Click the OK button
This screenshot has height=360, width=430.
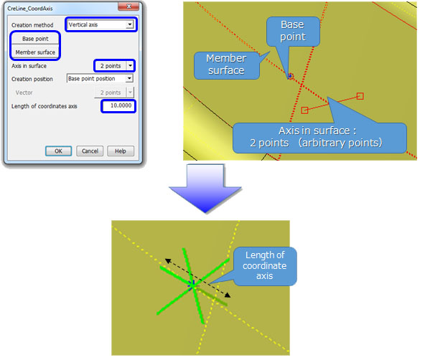click(x=58, y=151)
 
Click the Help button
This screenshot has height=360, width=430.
click(x=121, y=151)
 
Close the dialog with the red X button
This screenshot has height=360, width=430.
click(x=128, y=6)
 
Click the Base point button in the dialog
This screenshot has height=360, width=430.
click(x=35, y=39)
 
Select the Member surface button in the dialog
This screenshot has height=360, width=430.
click(x=35, y=52)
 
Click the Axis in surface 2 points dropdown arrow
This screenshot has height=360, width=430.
click(x=130, y=66)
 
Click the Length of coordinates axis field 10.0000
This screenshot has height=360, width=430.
click(x=118, y=105)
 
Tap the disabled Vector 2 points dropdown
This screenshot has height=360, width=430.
click(x=114, y=93)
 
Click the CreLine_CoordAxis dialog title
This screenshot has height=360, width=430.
click(x=30, y=9)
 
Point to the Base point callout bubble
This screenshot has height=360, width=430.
click(x=293, y=31)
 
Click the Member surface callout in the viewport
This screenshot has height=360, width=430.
click(x=227, y=65)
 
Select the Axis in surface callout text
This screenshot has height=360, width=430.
click(x=317, y=137)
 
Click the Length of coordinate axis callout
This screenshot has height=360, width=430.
click(x=265, y=266)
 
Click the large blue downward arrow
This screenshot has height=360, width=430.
click(x=205, y=189)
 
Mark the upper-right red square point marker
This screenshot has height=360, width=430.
click(x=360, y=96)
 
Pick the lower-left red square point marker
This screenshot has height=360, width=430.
click(x=304, y=110)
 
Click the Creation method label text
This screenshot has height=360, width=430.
click(x=32, y=25)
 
